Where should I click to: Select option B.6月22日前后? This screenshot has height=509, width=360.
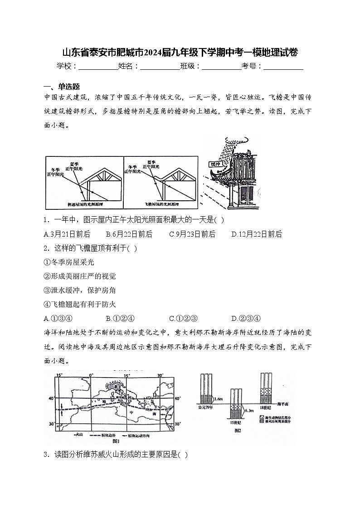pos(129,234)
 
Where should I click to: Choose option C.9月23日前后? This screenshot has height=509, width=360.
pos(192,234)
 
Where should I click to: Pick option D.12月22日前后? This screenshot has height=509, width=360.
pos(256,234)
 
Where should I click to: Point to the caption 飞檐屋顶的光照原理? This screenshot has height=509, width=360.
pos(161,205)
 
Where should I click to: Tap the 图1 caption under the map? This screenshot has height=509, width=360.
pos(115,441)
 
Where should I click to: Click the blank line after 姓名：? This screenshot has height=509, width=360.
pos(160,67)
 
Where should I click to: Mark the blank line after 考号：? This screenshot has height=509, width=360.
pos(283,67)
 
